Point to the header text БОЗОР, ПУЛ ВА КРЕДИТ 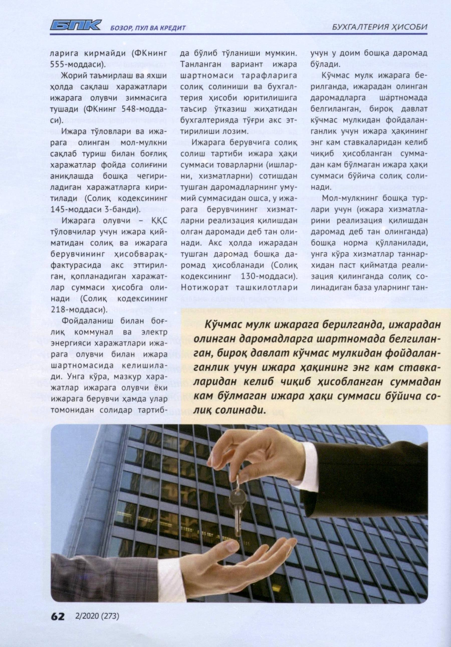click(149, 28)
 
